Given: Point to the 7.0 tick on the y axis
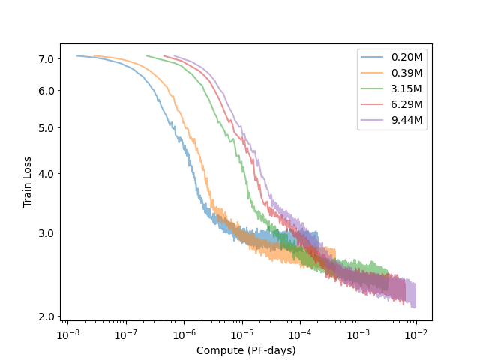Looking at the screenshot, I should click(x=46, y=59).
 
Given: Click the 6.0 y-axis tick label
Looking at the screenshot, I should click(x=46, y=91).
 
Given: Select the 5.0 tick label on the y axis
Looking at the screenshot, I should click(x=46, y=127).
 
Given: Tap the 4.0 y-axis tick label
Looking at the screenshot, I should click(x=46, y=174).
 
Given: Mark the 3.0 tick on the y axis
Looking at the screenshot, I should click(x=46, y=232).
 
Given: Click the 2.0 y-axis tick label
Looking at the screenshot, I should click(x=46, y=316).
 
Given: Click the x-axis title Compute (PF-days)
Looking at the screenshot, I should click(x=246, y=350).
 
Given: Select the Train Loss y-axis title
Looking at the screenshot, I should click(x=27, y=182).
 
